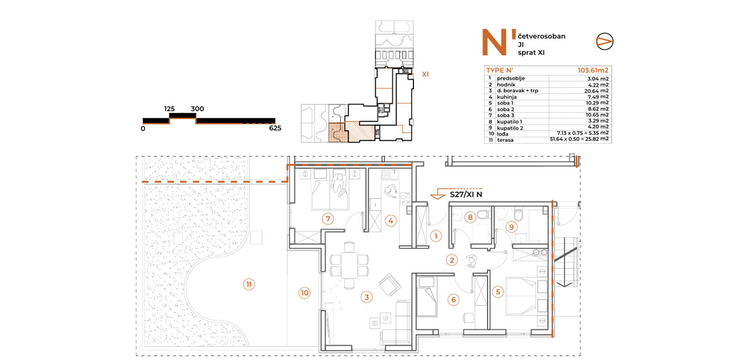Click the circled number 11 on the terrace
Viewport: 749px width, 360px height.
point(249,285)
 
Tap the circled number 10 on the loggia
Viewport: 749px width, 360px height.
point(304,293)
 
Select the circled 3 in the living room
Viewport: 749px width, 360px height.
point(366,297)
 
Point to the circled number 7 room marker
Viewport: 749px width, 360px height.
point(327,219)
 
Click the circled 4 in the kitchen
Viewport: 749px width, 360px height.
point(390,221)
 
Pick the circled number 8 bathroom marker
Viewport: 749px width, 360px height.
point(470,218)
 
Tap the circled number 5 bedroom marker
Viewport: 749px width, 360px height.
point(498,292)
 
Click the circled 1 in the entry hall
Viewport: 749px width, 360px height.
point(435,236)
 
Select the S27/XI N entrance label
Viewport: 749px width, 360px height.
point(466,195)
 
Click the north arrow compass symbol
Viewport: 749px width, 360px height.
point(604,41)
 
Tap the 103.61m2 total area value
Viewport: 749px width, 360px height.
point(593,70)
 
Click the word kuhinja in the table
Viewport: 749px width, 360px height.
point(506,97)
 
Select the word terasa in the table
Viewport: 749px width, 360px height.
point(505,140)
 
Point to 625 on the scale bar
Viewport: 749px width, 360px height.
point(275,128)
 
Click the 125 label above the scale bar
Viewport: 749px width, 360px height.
point(169,109)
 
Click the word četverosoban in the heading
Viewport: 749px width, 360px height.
point(541,36)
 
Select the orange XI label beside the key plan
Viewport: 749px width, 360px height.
point(425,74)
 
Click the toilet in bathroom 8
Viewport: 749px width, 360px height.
point(482,213)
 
